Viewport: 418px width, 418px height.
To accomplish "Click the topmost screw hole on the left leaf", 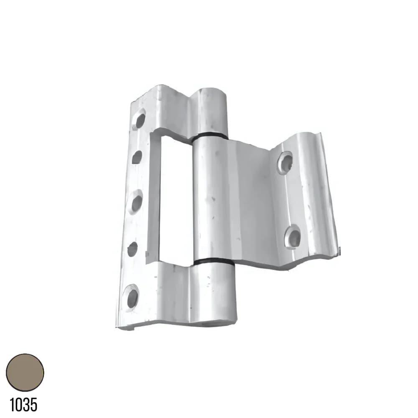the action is pos(140,120).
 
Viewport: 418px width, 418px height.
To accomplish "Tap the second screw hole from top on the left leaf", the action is pos(137,157).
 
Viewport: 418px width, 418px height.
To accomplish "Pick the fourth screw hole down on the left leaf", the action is pos(132,249).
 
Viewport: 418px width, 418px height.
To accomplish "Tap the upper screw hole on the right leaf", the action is pos(285,161).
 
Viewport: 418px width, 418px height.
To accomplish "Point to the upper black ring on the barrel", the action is pos(210,136).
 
